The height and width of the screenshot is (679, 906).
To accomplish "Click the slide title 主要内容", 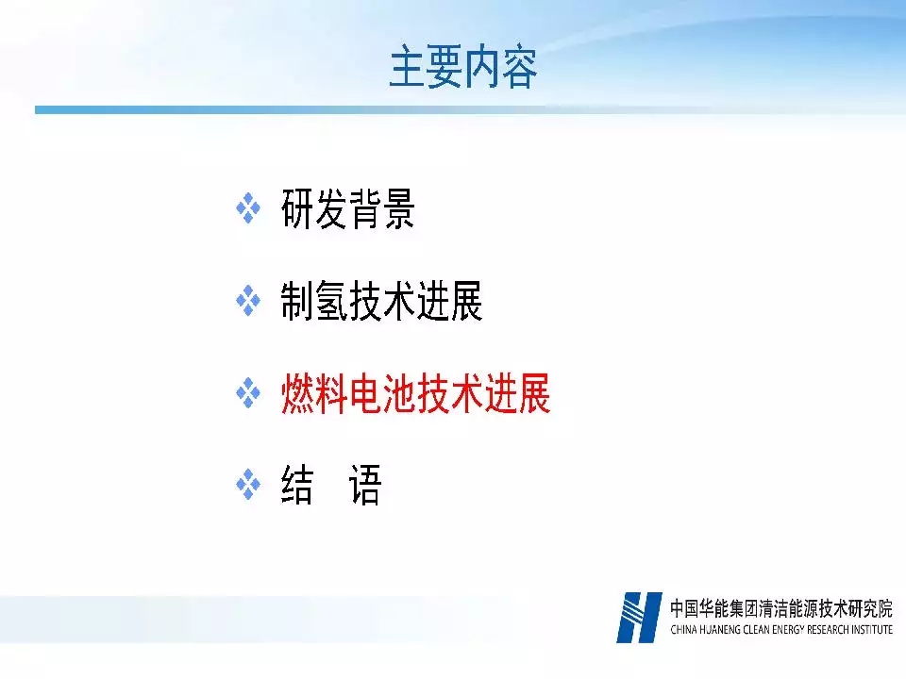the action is pos(463,68).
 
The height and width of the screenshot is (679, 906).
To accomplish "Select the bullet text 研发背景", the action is pos(348,208).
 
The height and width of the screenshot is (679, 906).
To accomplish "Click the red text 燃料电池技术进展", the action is pos(415,393).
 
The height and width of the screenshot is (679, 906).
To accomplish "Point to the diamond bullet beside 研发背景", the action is pos(248,207).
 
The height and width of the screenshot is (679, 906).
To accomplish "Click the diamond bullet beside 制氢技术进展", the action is pos(248,300).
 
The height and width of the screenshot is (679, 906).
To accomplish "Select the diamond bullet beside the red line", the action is pos(248,392).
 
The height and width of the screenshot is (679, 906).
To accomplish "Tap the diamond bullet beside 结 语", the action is pos(248,485).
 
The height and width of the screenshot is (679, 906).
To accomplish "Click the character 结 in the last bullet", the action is pos(297,485).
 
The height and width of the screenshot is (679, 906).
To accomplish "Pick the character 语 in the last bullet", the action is pos(365,485).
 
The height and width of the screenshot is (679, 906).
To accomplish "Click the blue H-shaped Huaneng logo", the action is pos(639,617).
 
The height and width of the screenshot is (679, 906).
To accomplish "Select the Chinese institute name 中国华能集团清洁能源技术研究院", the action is pos(781,608).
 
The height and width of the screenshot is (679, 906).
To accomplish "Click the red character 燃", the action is pos(297,393).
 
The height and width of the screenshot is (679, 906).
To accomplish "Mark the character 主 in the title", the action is pos(408,68).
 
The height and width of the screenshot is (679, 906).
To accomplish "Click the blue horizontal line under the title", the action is pos(289,109).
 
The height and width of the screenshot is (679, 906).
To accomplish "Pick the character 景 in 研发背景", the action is pos(398,208).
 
